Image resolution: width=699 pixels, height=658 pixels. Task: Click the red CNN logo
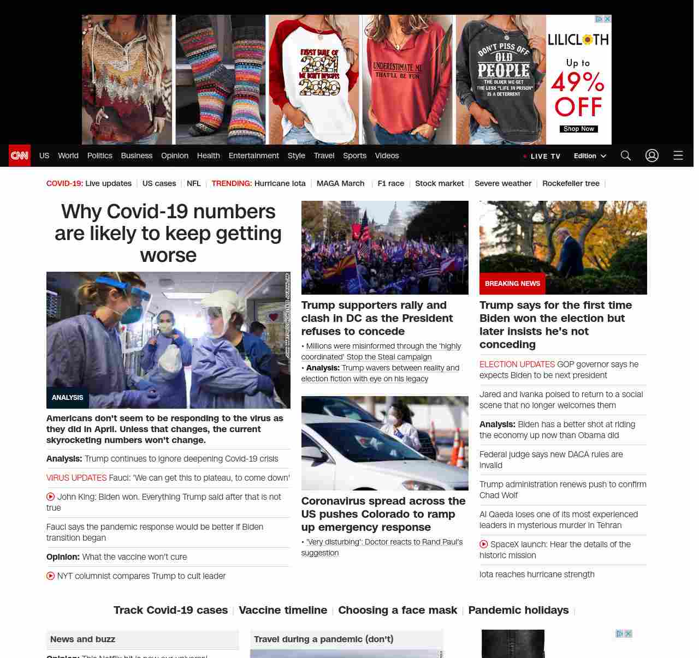pyautogui.click(x=20, y=155)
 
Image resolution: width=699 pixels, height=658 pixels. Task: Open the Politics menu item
pyautogui.click(x=99, y=155)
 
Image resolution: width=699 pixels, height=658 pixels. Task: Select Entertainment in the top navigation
pyautogui.click(x=253, y=155)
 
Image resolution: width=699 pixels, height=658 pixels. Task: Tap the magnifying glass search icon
pyautogui.click(x=626, y=155)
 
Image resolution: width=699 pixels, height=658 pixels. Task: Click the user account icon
pyautogui.click(x=652, y=155)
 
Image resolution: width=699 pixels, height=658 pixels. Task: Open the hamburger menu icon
pyautogui.click(x=678, y=155)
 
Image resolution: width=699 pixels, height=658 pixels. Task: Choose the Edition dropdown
pyautogui.click(x=590, y=155)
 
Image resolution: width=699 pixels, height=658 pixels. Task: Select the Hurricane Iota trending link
pyautogui.click(x=280, y=183)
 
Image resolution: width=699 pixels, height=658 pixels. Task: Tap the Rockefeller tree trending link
pyautogui.click(x=571, y=183)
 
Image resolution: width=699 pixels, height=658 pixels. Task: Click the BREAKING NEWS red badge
pyautogui.click(x=512, y=284)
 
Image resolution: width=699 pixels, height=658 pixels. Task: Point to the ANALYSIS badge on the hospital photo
pyautogui.click(x=67, y=398)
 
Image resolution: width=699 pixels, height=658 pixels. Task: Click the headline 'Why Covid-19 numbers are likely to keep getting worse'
pyautogui.click(x=168, y=233)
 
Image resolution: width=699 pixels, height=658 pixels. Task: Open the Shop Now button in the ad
pyautogui.click(x=578, y=129)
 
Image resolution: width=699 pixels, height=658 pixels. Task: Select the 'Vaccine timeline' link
pyautogui.click(x=283, y=610)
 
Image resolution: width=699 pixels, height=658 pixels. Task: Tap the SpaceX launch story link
pyautogui.click(x=555, y=549)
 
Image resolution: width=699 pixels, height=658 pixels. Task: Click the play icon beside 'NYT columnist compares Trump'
pyautogui.click(x=51, y=576)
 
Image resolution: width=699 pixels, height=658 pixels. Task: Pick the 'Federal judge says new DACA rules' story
pyautogui.click(x=551, y=459)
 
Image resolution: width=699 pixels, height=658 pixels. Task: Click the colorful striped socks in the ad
pyautogui.click(x=221, y=80)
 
